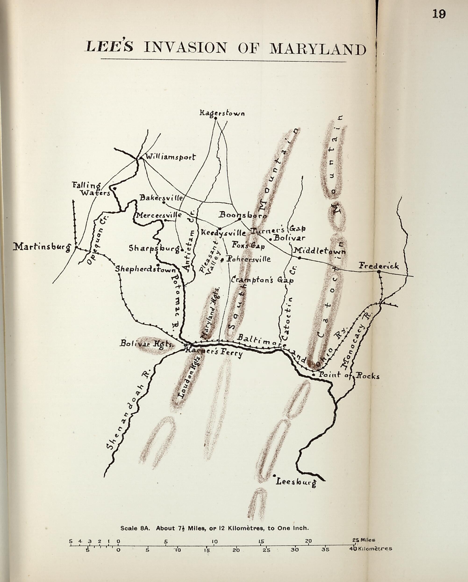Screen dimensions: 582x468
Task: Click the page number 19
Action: tap(439, 14)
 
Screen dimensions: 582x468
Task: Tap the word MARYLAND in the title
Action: tap(318, 49)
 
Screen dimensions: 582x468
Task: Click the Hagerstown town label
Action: tap(222, 113)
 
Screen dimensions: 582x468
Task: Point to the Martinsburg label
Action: tap(42, 247)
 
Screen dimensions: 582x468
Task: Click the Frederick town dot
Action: tap(379, 272)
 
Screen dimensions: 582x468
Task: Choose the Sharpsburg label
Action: tap(154, 248)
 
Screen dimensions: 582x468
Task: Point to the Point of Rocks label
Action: tap(349, 376)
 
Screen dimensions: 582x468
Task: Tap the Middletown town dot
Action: tap(299, 258)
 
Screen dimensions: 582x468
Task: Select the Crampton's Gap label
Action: tap(262, 280)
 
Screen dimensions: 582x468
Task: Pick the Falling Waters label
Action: tap(91, 189)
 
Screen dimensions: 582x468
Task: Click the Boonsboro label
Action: tap(243, 215)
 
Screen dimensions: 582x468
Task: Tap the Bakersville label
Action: tap(161, 198)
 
